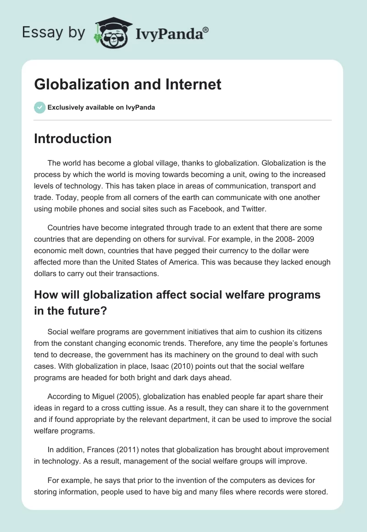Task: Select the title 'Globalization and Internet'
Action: [128, 84]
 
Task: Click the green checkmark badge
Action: [39, 108]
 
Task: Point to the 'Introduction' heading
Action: [72, 139]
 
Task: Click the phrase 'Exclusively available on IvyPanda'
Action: [101, 108]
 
